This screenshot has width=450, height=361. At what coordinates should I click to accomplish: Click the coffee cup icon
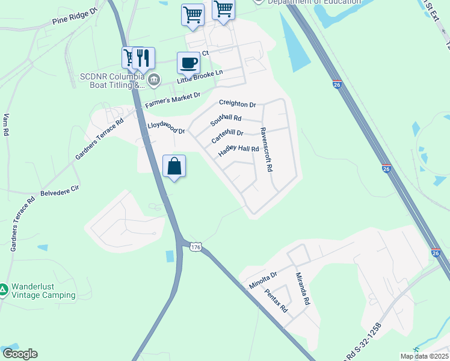click(x=188, y=63)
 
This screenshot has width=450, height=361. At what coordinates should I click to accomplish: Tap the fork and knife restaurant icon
click(x=143, y=58)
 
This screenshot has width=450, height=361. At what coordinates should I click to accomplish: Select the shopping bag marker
click(x=174, y=166)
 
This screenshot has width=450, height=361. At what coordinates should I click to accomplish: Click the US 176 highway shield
click(x=195, y=247)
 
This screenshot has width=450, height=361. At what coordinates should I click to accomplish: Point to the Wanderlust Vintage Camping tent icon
click(x=4, y=290)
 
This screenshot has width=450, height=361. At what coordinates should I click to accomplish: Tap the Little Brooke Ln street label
click(x=199, y=76)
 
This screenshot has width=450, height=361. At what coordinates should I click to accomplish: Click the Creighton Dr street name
click(x=237, y=103)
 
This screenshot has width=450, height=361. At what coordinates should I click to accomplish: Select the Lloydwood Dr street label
click(x=166, y=128)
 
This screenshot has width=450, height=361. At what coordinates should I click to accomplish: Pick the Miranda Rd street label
click(x=302, y=288)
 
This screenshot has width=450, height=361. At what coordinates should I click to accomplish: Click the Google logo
click(x=20, y=354)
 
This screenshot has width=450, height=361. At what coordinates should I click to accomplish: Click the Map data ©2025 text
click(x=424, y=356)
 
